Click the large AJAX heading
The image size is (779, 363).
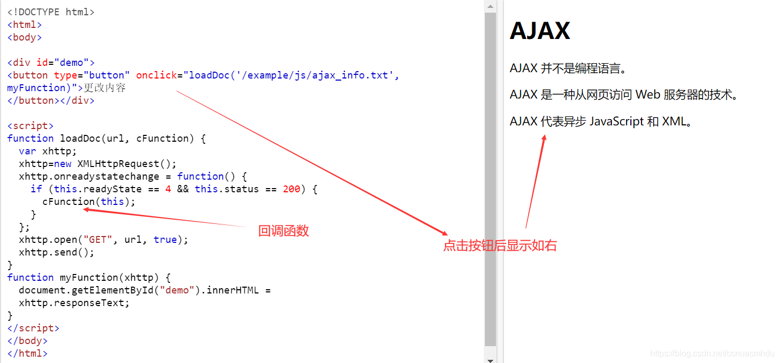pos(540,31)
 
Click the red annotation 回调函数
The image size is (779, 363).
pos(283,231)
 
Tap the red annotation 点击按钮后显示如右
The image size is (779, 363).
pos(500,246)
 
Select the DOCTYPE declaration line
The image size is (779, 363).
pos(51,12)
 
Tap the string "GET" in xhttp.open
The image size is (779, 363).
pos(98,240)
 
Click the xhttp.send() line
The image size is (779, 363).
pos(56,252)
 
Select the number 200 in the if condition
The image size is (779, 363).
pos(291,189)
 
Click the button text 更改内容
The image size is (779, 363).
pos(105,88)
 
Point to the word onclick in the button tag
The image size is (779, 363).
pos(157,75)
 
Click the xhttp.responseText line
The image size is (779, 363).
pos(74,303)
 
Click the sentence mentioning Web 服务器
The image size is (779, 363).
pos(624,95)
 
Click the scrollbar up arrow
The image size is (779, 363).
pos(490,6)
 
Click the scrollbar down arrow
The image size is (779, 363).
pos(490,359)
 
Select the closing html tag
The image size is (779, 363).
pos(27,354)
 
